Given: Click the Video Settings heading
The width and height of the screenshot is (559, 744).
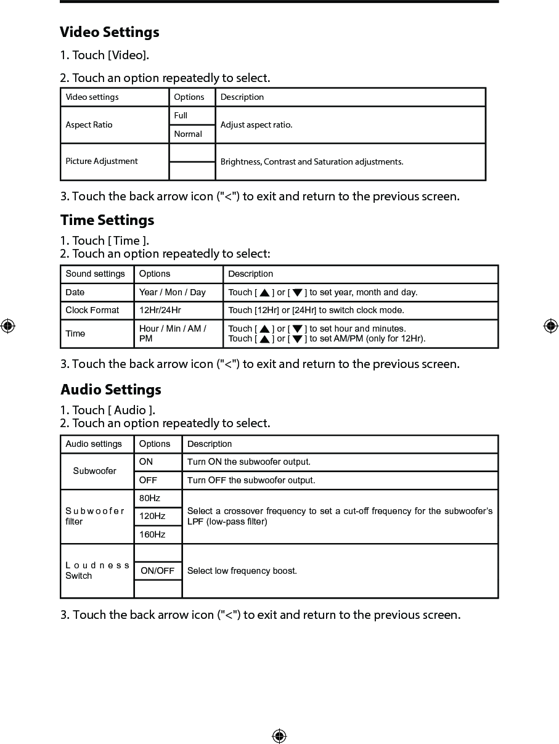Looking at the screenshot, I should point(110,32).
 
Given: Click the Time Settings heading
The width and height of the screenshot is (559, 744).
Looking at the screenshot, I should point(107,220).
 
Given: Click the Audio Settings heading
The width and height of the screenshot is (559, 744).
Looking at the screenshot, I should point(111,390).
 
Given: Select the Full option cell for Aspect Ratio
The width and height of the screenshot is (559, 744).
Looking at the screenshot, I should point(192,116).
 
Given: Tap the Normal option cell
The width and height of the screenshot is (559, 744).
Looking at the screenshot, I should point(192,134).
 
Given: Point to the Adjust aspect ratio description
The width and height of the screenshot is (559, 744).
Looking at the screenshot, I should point(256,125).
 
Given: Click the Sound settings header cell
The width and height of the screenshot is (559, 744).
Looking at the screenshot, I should point(96,274).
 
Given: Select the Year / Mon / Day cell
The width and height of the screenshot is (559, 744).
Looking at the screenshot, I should point(173,292).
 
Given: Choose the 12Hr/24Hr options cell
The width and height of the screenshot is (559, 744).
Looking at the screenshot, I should point(160,310).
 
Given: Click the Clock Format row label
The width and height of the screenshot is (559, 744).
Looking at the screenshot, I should point(92,310).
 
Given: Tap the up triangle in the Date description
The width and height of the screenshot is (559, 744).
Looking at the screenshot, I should point(264,293).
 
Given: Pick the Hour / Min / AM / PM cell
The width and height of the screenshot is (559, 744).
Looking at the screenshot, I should point(173,333).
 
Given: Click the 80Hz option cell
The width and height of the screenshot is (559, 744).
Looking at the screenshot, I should point(150,498).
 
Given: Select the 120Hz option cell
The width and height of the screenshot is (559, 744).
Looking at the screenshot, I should point(152,516).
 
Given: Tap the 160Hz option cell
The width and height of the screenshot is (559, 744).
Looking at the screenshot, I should point(152,534).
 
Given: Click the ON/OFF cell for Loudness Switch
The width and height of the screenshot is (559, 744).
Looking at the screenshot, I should point(158,571).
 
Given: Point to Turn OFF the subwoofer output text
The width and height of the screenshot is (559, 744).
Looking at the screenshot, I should point(251,480).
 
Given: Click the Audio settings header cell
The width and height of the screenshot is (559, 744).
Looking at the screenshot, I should point(94,444).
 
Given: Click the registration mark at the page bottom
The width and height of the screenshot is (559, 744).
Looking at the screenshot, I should point(279,736).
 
